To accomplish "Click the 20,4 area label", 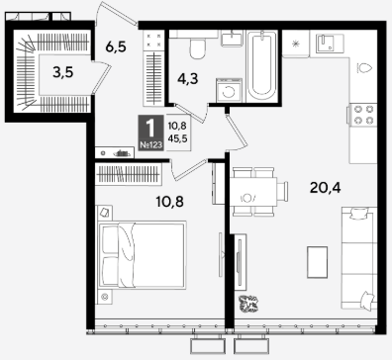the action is [325, 188].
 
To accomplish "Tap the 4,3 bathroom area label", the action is [187, 79].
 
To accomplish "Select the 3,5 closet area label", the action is [63, 72].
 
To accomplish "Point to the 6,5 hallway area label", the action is [116, 46].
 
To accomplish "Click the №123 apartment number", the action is [150, 144].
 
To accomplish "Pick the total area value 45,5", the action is [177, 138].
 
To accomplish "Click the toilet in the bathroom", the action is [198, 48].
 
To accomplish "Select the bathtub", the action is [262, 65].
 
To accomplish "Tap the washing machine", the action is [229, 90].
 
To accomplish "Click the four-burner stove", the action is [362, 114].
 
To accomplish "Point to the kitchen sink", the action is [330, 44].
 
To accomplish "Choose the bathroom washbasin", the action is [232, 39].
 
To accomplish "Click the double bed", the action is [143, 254].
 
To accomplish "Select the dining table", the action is [253, 192].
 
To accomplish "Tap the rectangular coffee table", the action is [317, 262].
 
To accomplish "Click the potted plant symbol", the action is [248, 304].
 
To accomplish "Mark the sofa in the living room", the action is [359, 258].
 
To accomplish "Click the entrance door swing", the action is [116, 13].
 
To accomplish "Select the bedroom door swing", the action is [189, 168].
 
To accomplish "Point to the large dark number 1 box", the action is [150, 133].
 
